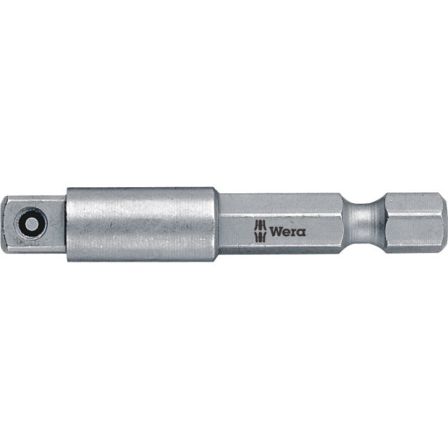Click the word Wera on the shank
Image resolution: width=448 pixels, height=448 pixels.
point(288,232)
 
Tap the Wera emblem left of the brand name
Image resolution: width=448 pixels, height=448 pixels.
point(260,231)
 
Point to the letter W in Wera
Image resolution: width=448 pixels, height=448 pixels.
point(276,232)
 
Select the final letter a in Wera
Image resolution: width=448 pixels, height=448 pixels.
point(302,233)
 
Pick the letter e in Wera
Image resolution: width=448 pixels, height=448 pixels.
point(286,233)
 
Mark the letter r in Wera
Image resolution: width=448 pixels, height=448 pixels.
point(294,233)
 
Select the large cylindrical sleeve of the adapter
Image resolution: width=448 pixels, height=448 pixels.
point(142,224)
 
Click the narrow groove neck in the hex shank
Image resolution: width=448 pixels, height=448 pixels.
point(363,223)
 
